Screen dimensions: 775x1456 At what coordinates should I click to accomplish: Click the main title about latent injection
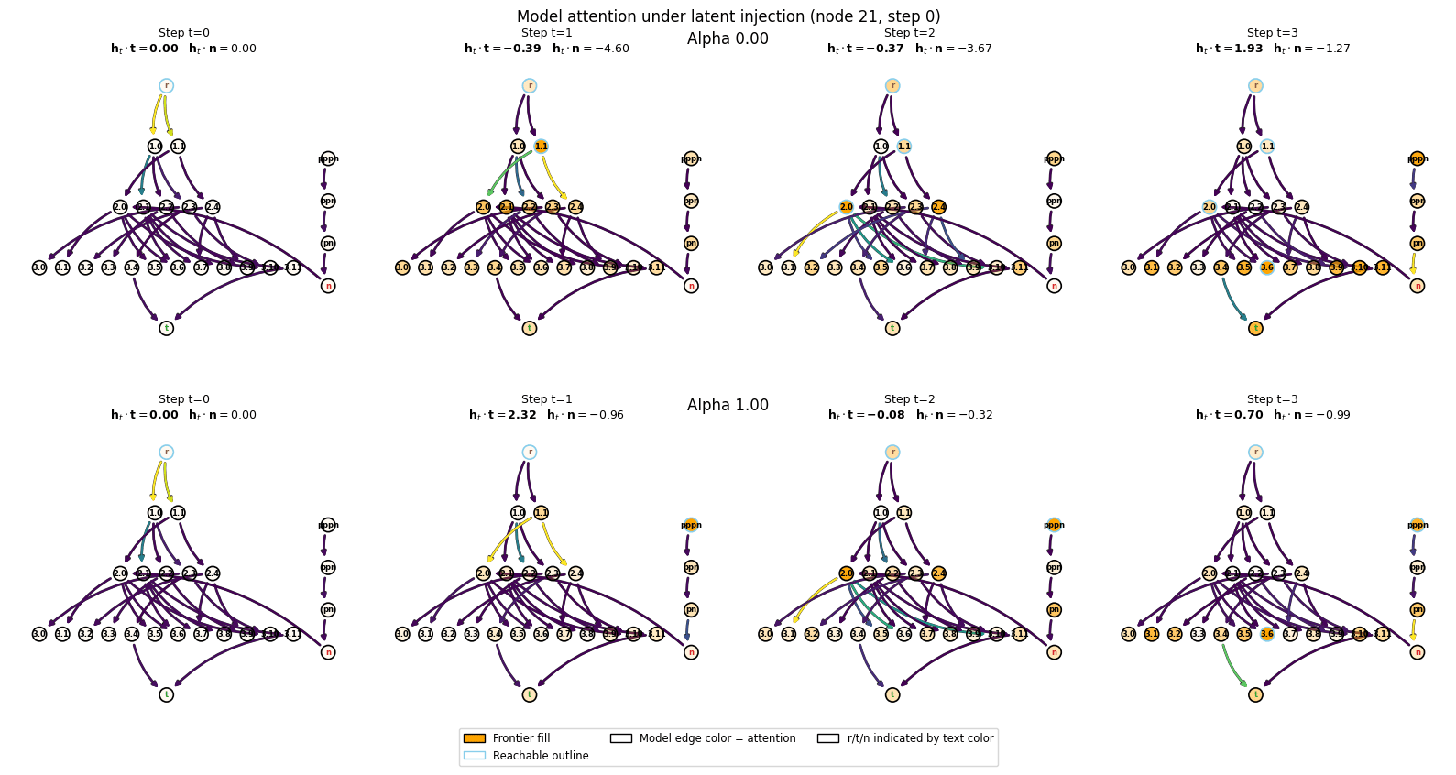[x=728, y=16]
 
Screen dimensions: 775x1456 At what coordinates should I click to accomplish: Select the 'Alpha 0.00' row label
[x=728, y=38]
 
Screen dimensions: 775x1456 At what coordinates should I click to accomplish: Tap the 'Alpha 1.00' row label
[x=728, y=405]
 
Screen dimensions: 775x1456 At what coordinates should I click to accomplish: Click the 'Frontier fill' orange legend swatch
[x=474, y=738]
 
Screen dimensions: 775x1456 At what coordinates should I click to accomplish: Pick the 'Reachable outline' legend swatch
[x=474, y=756]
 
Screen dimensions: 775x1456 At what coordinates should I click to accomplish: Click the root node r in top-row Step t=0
[x=166, y=86]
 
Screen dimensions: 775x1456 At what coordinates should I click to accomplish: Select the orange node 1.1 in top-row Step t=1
[x=541, y=147]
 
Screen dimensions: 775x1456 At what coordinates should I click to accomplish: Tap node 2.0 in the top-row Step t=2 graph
[x=846, y=207]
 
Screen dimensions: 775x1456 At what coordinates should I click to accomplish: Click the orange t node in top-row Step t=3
[x=1255, y=328]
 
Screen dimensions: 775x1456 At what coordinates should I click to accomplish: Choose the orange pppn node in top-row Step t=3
[x=1418, y=158]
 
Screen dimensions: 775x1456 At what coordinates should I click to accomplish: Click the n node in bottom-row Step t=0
[x=328, y=652]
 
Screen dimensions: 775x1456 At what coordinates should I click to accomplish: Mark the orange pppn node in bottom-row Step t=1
[x=691, y=525]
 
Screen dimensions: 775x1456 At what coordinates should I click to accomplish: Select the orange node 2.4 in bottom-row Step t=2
[x=938, y=573]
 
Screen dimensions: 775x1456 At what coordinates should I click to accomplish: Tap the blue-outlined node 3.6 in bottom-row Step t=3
[x=1266, y=634]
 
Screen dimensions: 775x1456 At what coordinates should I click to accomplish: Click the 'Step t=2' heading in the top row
[x=909, y=33]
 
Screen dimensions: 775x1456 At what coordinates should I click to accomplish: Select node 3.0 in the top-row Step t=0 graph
[x=39, y=267]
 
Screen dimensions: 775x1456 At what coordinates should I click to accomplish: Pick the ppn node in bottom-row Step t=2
[x=1054, y=567]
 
